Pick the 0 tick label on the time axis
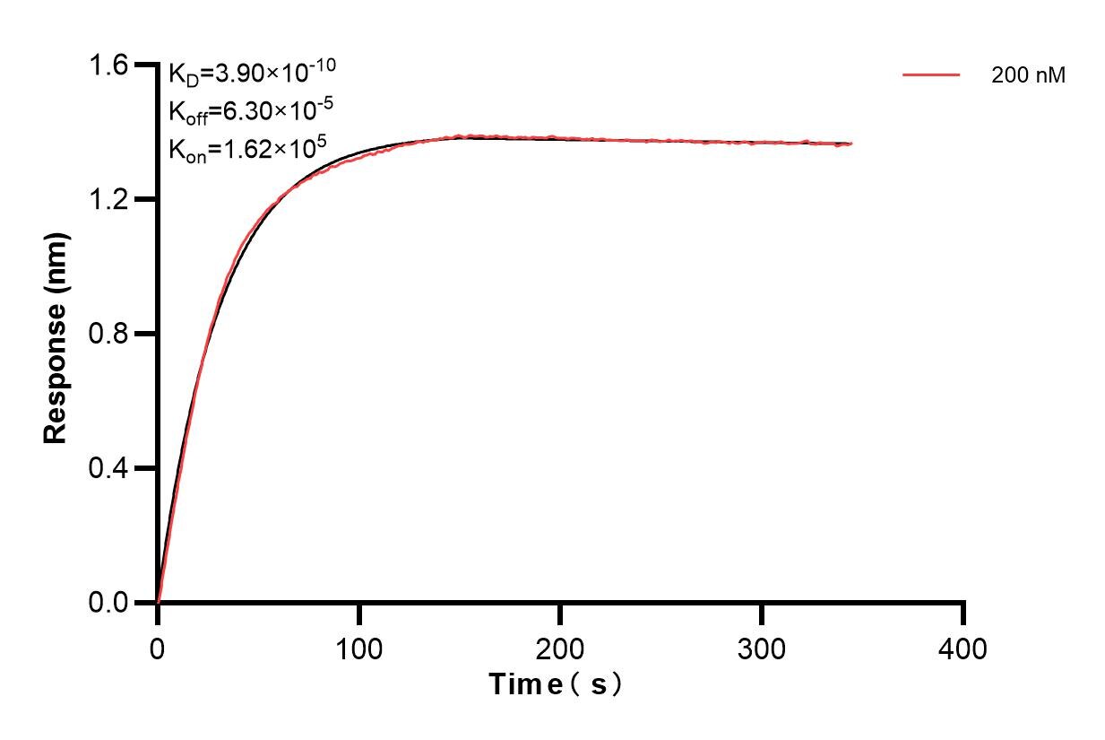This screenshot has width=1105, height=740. coord(158,648)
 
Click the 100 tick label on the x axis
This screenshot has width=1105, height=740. coord(358,648)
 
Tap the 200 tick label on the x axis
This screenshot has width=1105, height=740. coord(560,648)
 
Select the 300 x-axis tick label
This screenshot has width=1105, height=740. coord(762,648)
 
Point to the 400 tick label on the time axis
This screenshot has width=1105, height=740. coord(963,648)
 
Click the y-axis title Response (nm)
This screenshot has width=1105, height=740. coord(56,334)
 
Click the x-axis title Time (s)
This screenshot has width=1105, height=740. coord(556,685)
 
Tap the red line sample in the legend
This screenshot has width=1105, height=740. coord(931,75)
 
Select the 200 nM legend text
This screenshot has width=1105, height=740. coord(1028,76)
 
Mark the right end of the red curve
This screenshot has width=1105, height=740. coord(851,144)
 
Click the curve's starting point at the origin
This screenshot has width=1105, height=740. coord(158,602)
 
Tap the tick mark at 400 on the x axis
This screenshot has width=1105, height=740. coord(963,613)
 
